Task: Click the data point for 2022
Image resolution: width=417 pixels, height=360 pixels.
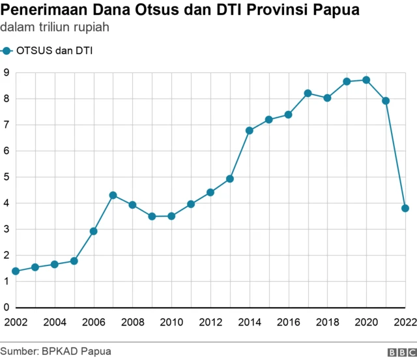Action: tap(405, 209)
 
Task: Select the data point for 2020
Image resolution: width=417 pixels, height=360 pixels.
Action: tap(366, 80)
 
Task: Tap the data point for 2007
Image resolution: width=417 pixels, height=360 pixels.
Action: tap(113, 195)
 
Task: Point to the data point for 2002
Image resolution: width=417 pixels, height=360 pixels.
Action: tap(16, 271)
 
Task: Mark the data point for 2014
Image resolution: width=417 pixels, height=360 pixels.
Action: tap(250, 130)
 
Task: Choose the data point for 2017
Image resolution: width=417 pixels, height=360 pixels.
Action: tap(308, 93)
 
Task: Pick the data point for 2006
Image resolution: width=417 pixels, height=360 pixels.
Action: tap(93, 231)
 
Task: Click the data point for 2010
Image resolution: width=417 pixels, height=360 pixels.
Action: tap(171, 216)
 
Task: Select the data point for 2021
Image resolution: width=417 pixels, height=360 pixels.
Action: tap(386, 100)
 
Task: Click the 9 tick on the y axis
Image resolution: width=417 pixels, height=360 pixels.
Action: tap(5, 72)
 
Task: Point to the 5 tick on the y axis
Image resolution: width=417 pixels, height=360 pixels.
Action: tap(5, 177)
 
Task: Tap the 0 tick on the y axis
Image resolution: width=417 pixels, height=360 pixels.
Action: tap(5, 307)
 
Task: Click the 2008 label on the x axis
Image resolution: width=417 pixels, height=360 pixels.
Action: tap(132, 322)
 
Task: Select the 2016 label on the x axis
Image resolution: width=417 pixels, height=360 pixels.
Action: tap(288, 322)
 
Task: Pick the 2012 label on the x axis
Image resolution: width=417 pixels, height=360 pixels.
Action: tap(210, 322)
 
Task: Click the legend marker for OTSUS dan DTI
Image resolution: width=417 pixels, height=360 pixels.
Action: tap(7, 50)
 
